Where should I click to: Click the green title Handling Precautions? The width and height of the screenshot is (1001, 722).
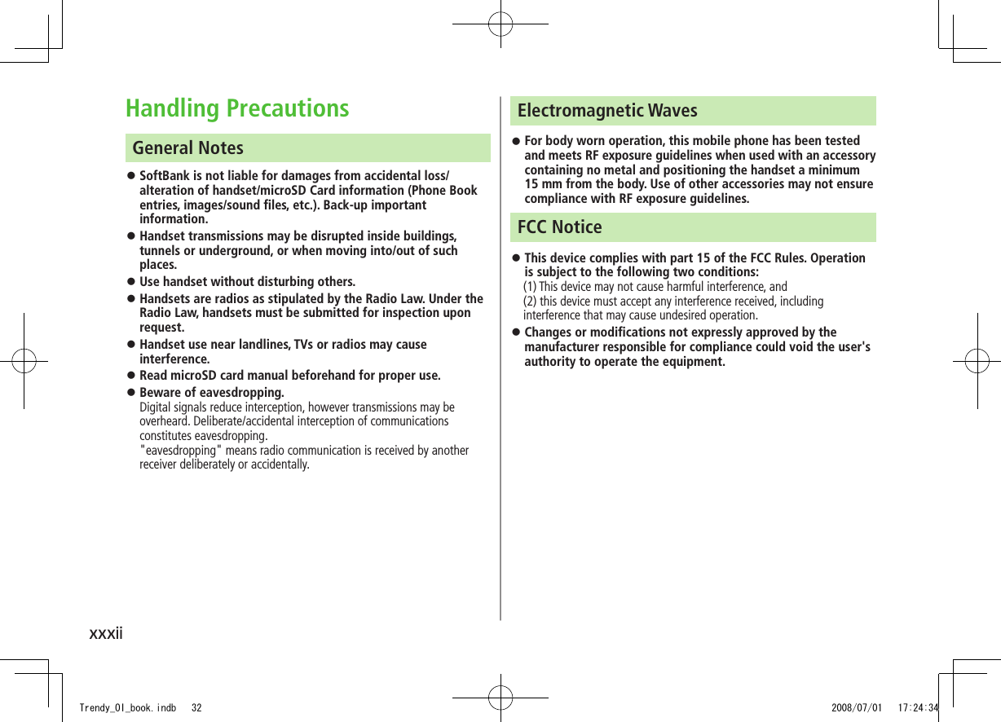237,108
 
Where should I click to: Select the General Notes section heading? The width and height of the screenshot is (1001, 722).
188,147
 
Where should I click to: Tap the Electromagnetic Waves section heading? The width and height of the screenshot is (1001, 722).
607,110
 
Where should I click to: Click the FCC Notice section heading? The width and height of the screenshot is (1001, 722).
559,227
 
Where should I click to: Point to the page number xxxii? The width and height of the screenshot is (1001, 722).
106,632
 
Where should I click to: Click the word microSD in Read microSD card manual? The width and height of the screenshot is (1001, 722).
196,376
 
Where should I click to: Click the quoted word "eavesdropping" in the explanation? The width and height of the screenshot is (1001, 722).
182,451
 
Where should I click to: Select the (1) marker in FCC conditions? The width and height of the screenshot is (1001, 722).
530,286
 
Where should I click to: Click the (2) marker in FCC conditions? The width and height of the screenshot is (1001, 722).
530,302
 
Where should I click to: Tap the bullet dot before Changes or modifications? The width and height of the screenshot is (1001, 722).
515,332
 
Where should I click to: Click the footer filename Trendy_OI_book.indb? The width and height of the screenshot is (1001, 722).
127,708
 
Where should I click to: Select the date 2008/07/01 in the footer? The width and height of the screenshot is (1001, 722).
856,708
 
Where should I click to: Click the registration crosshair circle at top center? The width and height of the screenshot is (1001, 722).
500,24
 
